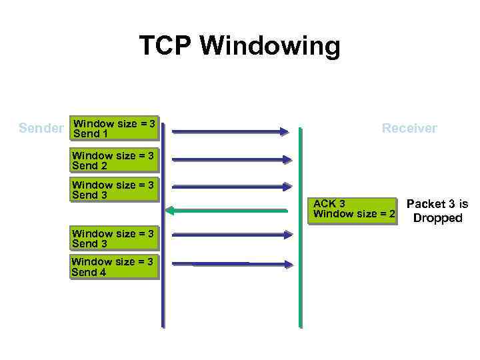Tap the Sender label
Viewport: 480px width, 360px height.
pyautogui.click(x=41, y=128)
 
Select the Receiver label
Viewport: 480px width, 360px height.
pyautogui.click(x=409, y=128)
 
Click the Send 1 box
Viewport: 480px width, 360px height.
pyautogui.click(x=115, y=129)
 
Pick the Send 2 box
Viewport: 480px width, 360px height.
pyautogui.click(x=113, y=161)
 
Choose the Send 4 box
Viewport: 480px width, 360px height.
pyautogui.click(x=113, y=267)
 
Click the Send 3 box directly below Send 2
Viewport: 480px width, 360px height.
pyautogui.click(x=113, y=190)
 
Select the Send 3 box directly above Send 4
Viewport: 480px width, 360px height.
pyautogui.click(x=113, y=239)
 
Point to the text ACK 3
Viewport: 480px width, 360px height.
pyautogui.click(x=329, y=203)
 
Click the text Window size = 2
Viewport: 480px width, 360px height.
pyautogui.click(x=354, y=214)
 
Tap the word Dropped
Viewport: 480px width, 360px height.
pyautogui.click(x=437, y=218)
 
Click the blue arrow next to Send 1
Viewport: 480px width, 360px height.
pyautogui.click(x=230, y=131)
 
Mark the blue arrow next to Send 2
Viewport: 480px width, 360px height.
pyautogui.click(x=230, y=159)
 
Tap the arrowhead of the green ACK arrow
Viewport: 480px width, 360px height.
pyautogui.click(x=171, y=211)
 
